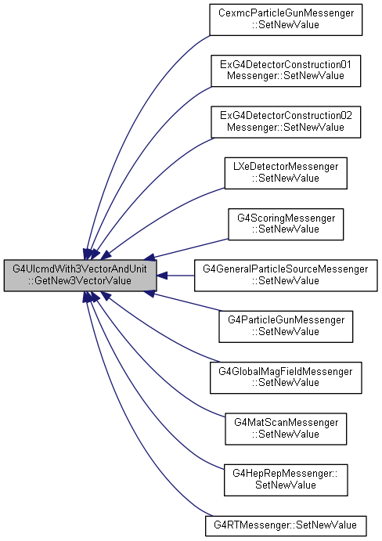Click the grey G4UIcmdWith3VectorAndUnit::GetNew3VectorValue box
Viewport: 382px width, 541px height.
point(80,276)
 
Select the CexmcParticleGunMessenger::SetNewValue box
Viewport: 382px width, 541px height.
point(286,20)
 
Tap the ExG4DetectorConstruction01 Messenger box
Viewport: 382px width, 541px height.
point(286,70)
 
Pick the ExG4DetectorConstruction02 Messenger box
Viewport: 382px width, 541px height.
point(286,122)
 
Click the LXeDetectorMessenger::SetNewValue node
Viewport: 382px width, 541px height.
point(286,173)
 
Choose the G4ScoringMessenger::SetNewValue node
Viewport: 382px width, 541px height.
point(286,224)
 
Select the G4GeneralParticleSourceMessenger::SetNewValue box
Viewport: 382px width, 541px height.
point(286,276)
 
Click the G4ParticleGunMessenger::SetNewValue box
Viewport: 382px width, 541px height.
point(286,326)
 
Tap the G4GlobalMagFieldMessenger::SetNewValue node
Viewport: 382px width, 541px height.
point(286,377)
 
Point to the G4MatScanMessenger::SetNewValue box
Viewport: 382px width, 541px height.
point(286,428)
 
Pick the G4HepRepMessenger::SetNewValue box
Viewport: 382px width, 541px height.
point(286,480)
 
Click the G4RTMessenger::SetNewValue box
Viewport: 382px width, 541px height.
point(286,525)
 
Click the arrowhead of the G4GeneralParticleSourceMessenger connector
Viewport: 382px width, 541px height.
point(162,276)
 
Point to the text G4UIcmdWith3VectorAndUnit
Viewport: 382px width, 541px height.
point(80,269)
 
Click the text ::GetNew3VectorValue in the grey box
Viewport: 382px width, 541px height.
point(80,280)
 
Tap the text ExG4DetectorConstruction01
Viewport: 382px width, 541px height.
point(286,64)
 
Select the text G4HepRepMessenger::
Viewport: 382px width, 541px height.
point(285,474)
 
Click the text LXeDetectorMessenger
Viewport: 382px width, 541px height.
point(286,167)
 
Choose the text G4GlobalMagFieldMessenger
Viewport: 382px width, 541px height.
point(286,371)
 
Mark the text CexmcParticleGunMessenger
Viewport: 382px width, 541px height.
point(286,13)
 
